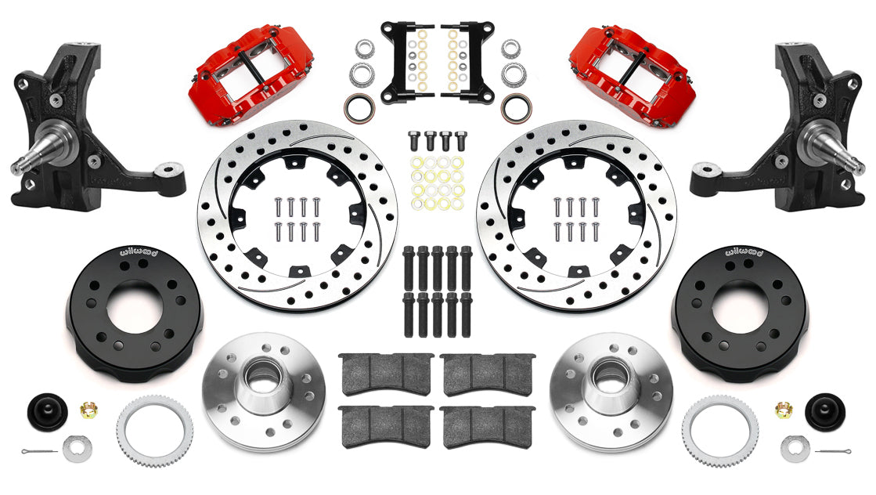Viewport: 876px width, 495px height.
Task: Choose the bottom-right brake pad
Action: coord(487,425)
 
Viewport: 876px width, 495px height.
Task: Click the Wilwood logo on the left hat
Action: coord(137,252)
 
